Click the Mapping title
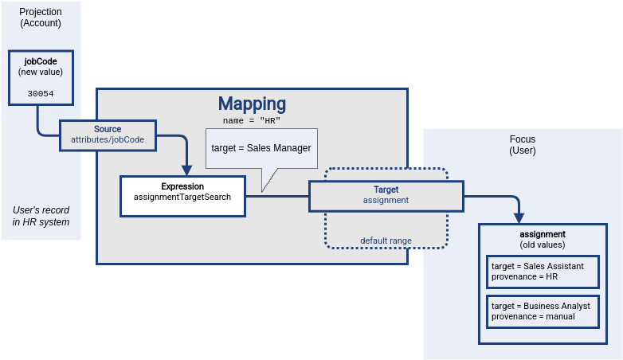(252, 104)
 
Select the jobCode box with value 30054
(41, 78)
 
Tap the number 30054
(41, 93)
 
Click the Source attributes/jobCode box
(108, 135)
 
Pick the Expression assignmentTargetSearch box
(182, 196)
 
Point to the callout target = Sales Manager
(261, 148)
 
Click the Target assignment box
(386, 195)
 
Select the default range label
(386, 240)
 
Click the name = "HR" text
(252, 120)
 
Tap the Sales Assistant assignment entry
(542, 271)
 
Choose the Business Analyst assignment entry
(542, 311)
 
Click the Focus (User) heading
(523, 144)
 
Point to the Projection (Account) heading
(41, 18)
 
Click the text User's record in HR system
(41, 216)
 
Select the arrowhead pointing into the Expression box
(187, 170)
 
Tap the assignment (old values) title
(542, 240)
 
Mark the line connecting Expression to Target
(276, 196)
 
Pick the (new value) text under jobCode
(41, 72)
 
